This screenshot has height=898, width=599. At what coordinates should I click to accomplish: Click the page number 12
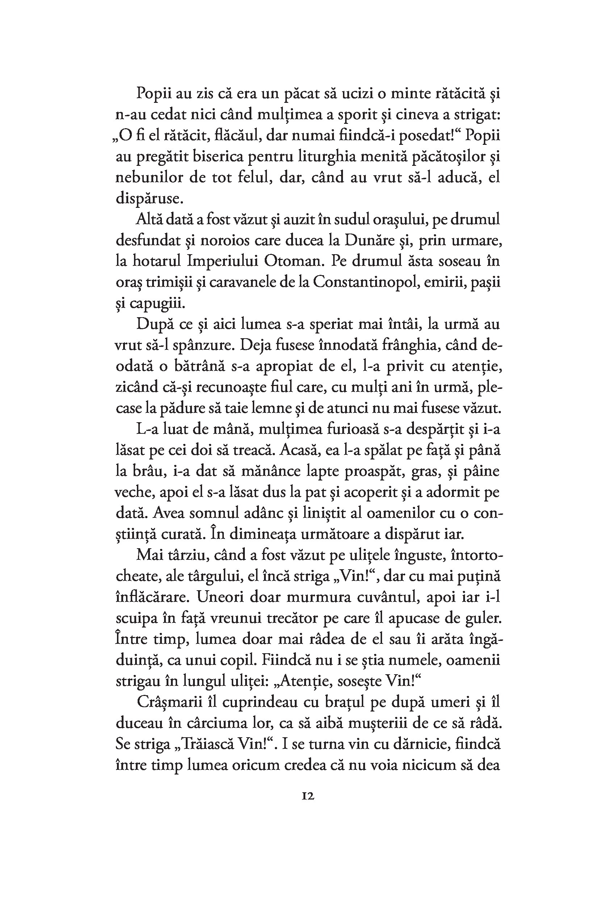click(x=308, y=797)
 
